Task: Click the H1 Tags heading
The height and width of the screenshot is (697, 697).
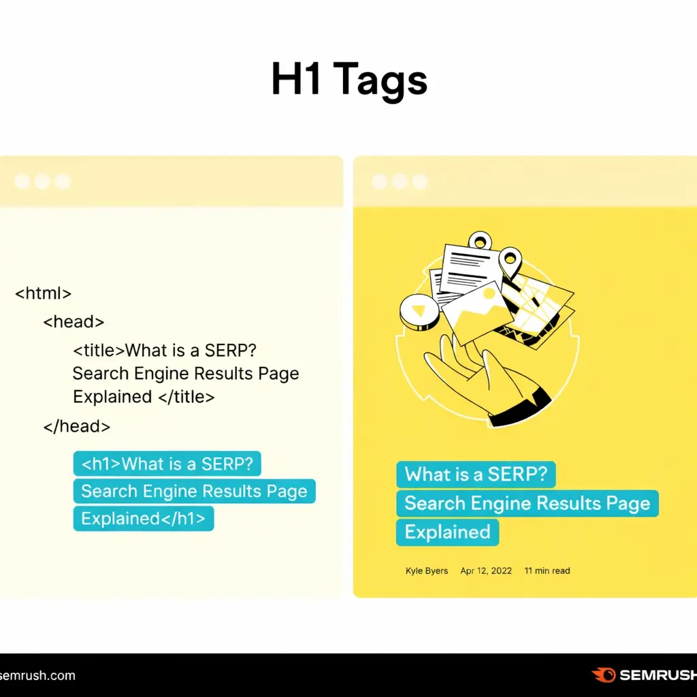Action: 348,80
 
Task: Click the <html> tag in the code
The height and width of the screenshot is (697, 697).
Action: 44,293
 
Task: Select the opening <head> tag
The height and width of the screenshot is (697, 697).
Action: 74,321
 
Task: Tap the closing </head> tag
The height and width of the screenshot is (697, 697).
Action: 76,426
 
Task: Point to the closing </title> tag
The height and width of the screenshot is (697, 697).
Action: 186,396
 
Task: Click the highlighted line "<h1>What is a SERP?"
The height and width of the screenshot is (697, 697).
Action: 167,464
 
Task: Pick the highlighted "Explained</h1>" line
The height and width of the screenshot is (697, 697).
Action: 143,519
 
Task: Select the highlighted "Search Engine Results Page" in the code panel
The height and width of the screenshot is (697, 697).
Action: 194,491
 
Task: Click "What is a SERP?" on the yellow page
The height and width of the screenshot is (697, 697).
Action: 476,474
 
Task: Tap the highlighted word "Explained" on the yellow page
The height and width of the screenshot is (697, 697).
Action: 447,532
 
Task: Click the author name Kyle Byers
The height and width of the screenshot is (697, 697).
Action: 427,570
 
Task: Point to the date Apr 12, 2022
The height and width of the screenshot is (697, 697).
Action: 486,570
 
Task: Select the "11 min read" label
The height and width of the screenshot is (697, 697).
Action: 547,570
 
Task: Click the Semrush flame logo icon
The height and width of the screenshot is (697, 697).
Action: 603,675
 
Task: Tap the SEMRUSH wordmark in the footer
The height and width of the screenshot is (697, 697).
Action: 658,675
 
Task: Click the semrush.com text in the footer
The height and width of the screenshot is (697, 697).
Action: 37,676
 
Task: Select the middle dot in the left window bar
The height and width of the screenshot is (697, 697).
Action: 42,182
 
